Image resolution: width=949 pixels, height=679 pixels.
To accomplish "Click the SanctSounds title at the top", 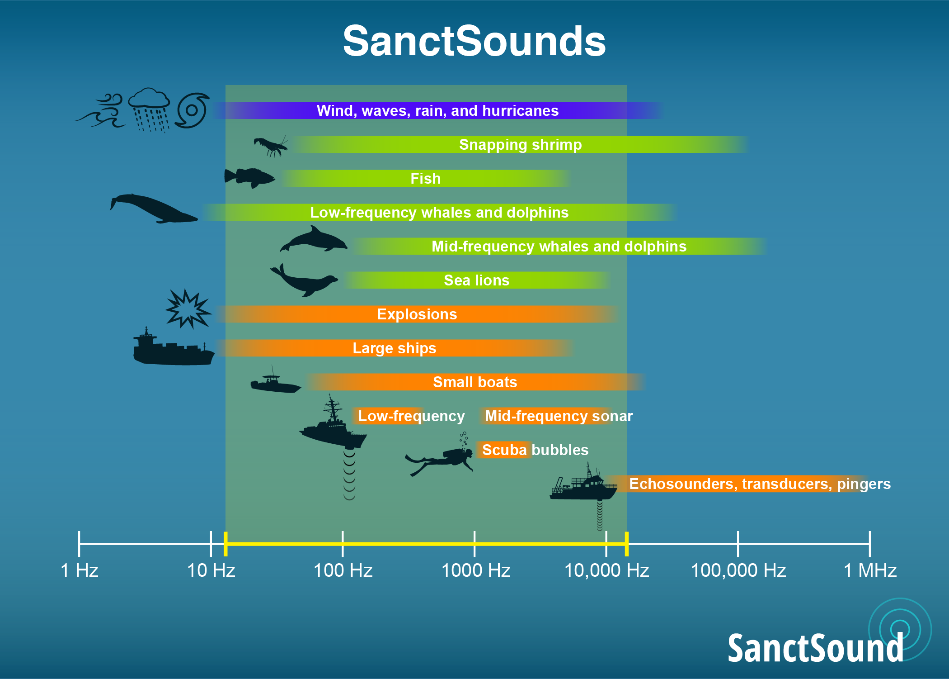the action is pyautogui.click(x=474, y=42).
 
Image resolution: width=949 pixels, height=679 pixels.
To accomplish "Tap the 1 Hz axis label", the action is pyautogui.click(x=80, y=570).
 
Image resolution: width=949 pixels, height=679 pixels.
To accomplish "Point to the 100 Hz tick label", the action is pyautogui.click(x=343, y=570).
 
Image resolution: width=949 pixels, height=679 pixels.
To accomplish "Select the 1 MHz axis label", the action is pyautogui.click(x=870, y=570).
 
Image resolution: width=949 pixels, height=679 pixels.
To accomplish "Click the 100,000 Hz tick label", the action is pyautogui.click(x=738, y=570).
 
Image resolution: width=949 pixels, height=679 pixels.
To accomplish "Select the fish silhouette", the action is pyautogui.click(x=249, y=178).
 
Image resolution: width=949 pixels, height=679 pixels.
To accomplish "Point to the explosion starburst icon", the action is pyautogui.click(x=188, y=309).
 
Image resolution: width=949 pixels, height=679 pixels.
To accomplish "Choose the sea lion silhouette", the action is pyautogui.click(x=304, y=280).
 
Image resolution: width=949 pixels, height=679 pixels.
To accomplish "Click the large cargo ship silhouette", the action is pyautogui.click(x=174, y=347).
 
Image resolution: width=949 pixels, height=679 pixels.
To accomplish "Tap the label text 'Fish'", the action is pyautogui.click(x=425, y=178).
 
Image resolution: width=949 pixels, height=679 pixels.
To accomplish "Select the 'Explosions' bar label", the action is pyautogui.click(x=417, y=314).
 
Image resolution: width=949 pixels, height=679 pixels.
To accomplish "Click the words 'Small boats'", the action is pyautogui.click(x=475, y=382).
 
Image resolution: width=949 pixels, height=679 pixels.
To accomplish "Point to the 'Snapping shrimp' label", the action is pyautogui.click(x=521, y=145).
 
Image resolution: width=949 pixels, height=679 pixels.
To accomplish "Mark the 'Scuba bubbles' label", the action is pyautogui.click(x=535, y=450).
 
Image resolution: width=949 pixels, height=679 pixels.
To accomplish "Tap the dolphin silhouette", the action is pyautogui.click(x=314, y=240).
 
